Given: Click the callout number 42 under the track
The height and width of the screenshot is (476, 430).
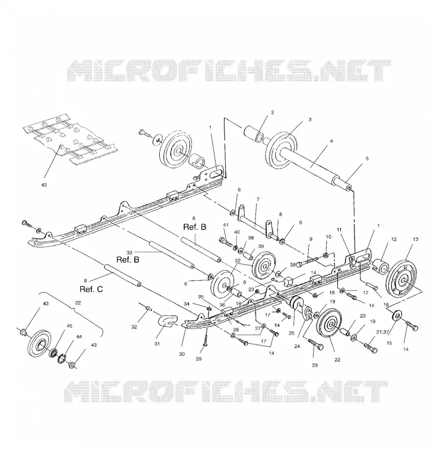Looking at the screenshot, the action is [x=44, y=185].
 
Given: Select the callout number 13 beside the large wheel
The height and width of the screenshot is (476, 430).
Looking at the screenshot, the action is [x=416, y=239].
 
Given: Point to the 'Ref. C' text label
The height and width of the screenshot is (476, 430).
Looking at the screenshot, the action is [x=91, y=289].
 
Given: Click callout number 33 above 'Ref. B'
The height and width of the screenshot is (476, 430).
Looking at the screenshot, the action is [x=129, y=252].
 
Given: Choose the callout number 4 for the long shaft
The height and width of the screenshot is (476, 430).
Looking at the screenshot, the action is [x=331, y=141].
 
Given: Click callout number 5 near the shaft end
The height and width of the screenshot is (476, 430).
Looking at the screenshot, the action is [x=367, y=158].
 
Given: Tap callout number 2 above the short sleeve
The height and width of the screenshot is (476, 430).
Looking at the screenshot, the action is [x=273, y=112].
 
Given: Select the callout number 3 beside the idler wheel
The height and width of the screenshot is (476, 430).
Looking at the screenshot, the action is [x=309, y=120].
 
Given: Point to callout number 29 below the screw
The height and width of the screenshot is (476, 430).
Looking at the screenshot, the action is [x=198, y=359].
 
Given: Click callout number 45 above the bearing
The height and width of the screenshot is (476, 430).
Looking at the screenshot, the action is [x=69, y=326].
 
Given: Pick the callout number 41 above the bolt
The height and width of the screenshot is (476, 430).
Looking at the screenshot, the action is [x=225, y=225].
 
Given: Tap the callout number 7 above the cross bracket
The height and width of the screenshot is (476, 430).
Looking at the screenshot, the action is [x=258, y=199].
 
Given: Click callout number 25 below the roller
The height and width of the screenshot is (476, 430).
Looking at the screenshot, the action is [x=292, y=333].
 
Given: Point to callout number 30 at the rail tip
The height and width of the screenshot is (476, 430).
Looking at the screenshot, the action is [x=182, y=354].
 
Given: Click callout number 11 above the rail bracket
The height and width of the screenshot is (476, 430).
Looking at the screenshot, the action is [x=339, y=230].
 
